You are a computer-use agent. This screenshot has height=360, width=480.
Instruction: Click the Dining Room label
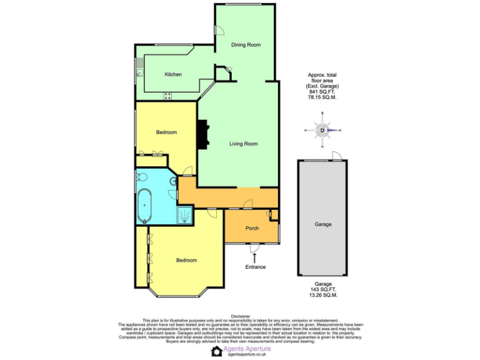[245, 45]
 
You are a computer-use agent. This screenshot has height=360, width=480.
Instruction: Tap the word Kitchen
[173, 74]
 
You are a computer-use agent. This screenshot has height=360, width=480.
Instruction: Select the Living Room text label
[243, 144]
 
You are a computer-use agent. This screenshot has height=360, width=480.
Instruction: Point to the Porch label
[252, 228]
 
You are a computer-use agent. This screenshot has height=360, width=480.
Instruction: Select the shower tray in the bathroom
[186, 215]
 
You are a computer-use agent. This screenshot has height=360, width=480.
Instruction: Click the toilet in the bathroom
[173, 181]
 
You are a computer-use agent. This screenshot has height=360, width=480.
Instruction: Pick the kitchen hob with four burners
[167, 96]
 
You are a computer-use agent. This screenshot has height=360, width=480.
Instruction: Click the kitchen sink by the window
[140, 72]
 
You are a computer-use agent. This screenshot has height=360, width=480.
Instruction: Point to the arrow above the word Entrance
[254, 257]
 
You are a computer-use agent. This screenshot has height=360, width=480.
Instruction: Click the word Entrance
[255, 267]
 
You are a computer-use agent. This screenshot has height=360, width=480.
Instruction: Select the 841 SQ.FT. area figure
[322, 91]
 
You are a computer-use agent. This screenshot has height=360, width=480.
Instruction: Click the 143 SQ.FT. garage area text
[322, 289]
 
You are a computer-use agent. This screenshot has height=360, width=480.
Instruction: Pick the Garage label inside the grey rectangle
[323, 224]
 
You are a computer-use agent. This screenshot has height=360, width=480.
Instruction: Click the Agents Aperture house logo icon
[217, 351]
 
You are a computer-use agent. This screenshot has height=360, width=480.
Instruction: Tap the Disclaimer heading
[240, 317]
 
